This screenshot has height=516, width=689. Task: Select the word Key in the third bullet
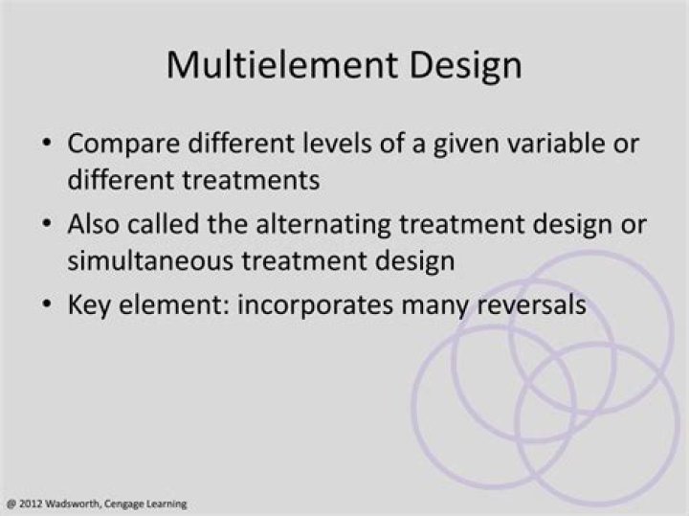90,303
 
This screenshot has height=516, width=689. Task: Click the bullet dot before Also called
48,225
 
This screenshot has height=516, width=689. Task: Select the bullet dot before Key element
48,304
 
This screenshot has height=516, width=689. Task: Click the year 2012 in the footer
27,504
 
